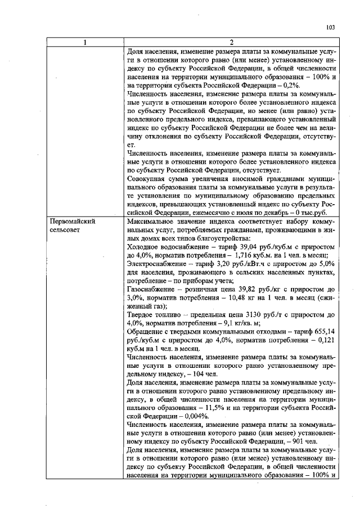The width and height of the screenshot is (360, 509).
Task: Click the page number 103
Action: tap(331, 28)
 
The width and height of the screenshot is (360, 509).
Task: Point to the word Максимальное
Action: tap(152, 222)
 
